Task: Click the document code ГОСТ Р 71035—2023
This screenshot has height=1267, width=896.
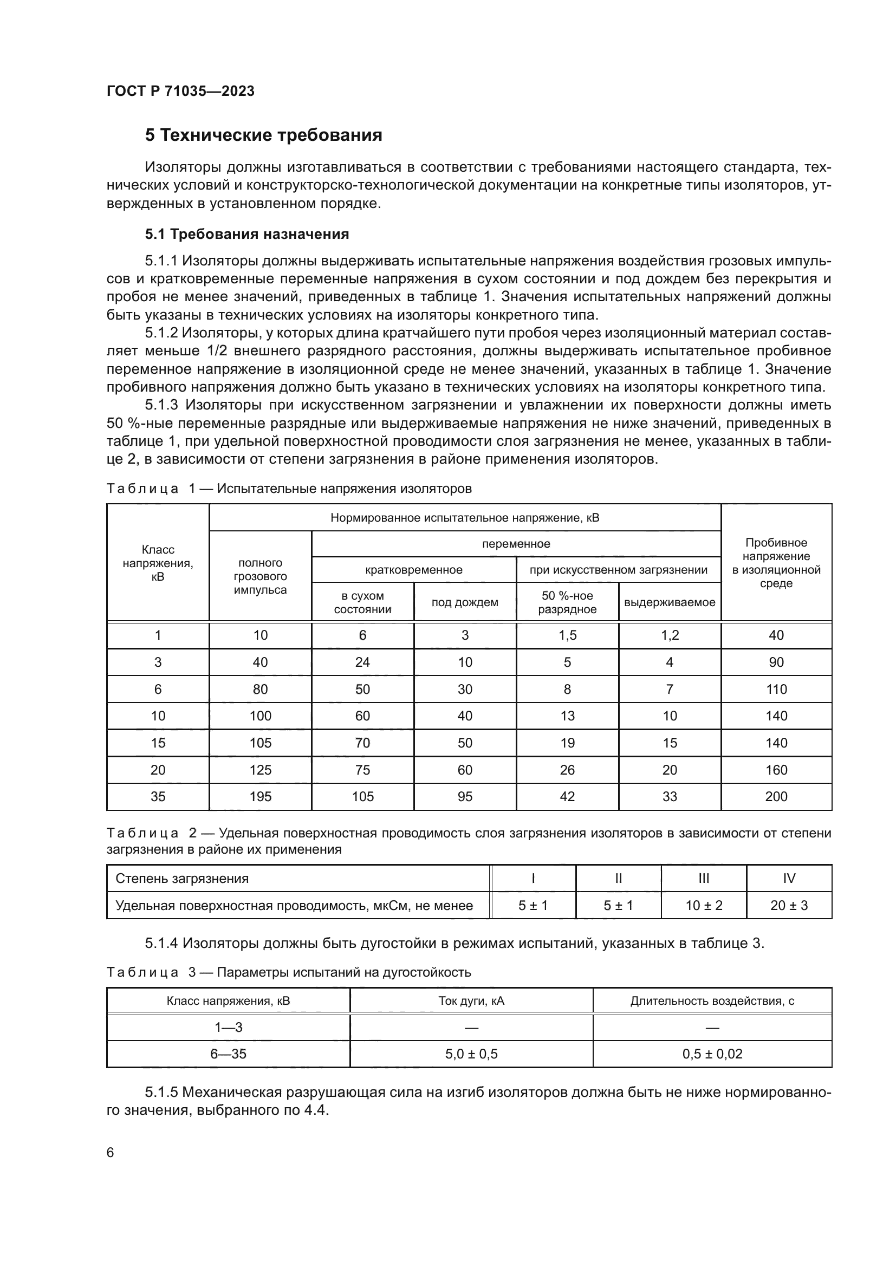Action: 180,92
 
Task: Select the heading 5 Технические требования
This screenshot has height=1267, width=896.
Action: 263,135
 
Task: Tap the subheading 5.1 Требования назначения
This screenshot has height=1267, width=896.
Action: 246,234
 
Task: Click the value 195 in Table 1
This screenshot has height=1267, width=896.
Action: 260,796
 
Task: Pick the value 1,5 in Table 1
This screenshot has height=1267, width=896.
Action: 567,635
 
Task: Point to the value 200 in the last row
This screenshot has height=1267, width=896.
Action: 776,796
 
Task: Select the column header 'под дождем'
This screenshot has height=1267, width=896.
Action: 465,602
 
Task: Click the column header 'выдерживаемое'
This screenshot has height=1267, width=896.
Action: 669,602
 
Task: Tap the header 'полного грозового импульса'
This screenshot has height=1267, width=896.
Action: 260,576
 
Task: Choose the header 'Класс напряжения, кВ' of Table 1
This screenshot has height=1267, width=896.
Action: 158,563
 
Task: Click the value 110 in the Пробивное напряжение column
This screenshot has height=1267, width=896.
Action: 776,689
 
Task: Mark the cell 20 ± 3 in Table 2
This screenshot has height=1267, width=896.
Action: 788,906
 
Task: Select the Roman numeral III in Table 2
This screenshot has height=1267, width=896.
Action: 704,879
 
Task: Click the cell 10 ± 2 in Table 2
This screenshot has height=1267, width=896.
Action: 704,906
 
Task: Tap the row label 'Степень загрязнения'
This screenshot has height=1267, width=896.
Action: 182,879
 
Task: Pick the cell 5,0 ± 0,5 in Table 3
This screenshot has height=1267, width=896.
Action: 471,1054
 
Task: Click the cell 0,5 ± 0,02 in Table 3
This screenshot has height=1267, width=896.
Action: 712,1054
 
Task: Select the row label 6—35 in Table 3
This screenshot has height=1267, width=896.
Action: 228,1054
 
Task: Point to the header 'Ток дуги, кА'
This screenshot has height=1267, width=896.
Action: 471,1001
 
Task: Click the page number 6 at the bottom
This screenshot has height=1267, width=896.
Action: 111,1153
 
